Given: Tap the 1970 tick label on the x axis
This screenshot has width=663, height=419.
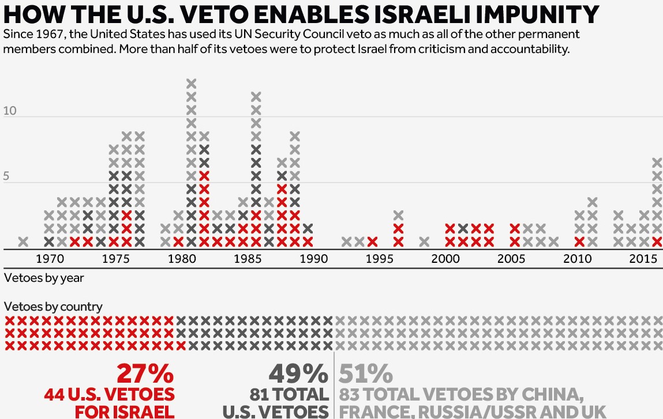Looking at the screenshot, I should tap(50, 259).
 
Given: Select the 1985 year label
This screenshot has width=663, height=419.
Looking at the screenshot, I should tap(248, 259).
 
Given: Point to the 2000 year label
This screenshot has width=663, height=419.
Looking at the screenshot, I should tap(445, 259).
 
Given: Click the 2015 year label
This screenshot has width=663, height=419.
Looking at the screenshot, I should tap(643, 259).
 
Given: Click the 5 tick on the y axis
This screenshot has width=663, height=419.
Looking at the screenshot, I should tap(6, 176).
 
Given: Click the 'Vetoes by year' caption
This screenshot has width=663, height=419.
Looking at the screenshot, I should tap(43, 278).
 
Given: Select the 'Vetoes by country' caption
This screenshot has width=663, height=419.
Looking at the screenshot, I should tap(53, 307).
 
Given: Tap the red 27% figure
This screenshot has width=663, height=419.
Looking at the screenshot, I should tap(145, 375).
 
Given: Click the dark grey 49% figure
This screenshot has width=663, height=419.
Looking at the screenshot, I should tap(298, 375).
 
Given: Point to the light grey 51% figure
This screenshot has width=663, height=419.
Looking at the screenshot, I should tap(365, 375).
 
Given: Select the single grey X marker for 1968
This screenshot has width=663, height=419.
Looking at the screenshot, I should tap(23, 241).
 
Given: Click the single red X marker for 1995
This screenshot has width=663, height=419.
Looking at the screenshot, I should tap(372, 241).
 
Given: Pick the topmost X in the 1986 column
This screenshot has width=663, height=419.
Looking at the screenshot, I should tap(256, 96).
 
